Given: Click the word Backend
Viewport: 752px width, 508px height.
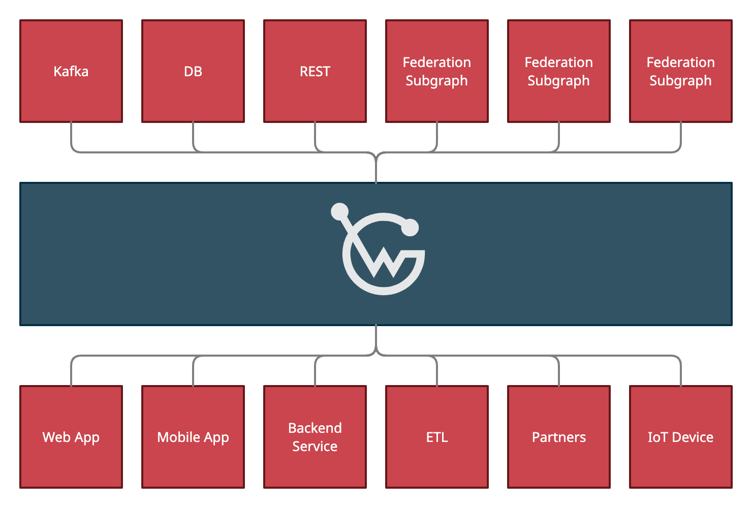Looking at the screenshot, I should point(315,428).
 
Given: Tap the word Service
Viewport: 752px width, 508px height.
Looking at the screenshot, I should point(315,447).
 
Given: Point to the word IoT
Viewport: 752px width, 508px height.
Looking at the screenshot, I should point(657,437).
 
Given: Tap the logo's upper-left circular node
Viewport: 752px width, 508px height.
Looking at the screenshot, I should point(339,212).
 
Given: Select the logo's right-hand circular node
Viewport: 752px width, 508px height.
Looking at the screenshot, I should point(410,228).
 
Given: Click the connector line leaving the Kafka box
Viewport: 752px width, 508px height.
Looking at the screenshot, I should point(71,135).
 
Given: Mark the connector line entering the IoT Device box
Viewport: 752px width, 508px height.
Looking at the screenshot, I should point(681,373).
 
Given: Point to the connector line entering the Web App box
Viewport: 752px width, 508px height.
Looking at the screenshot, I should point(71,373).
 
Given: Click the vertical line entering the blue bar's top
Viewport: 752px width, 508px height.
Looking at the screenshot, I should point(376,170).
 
